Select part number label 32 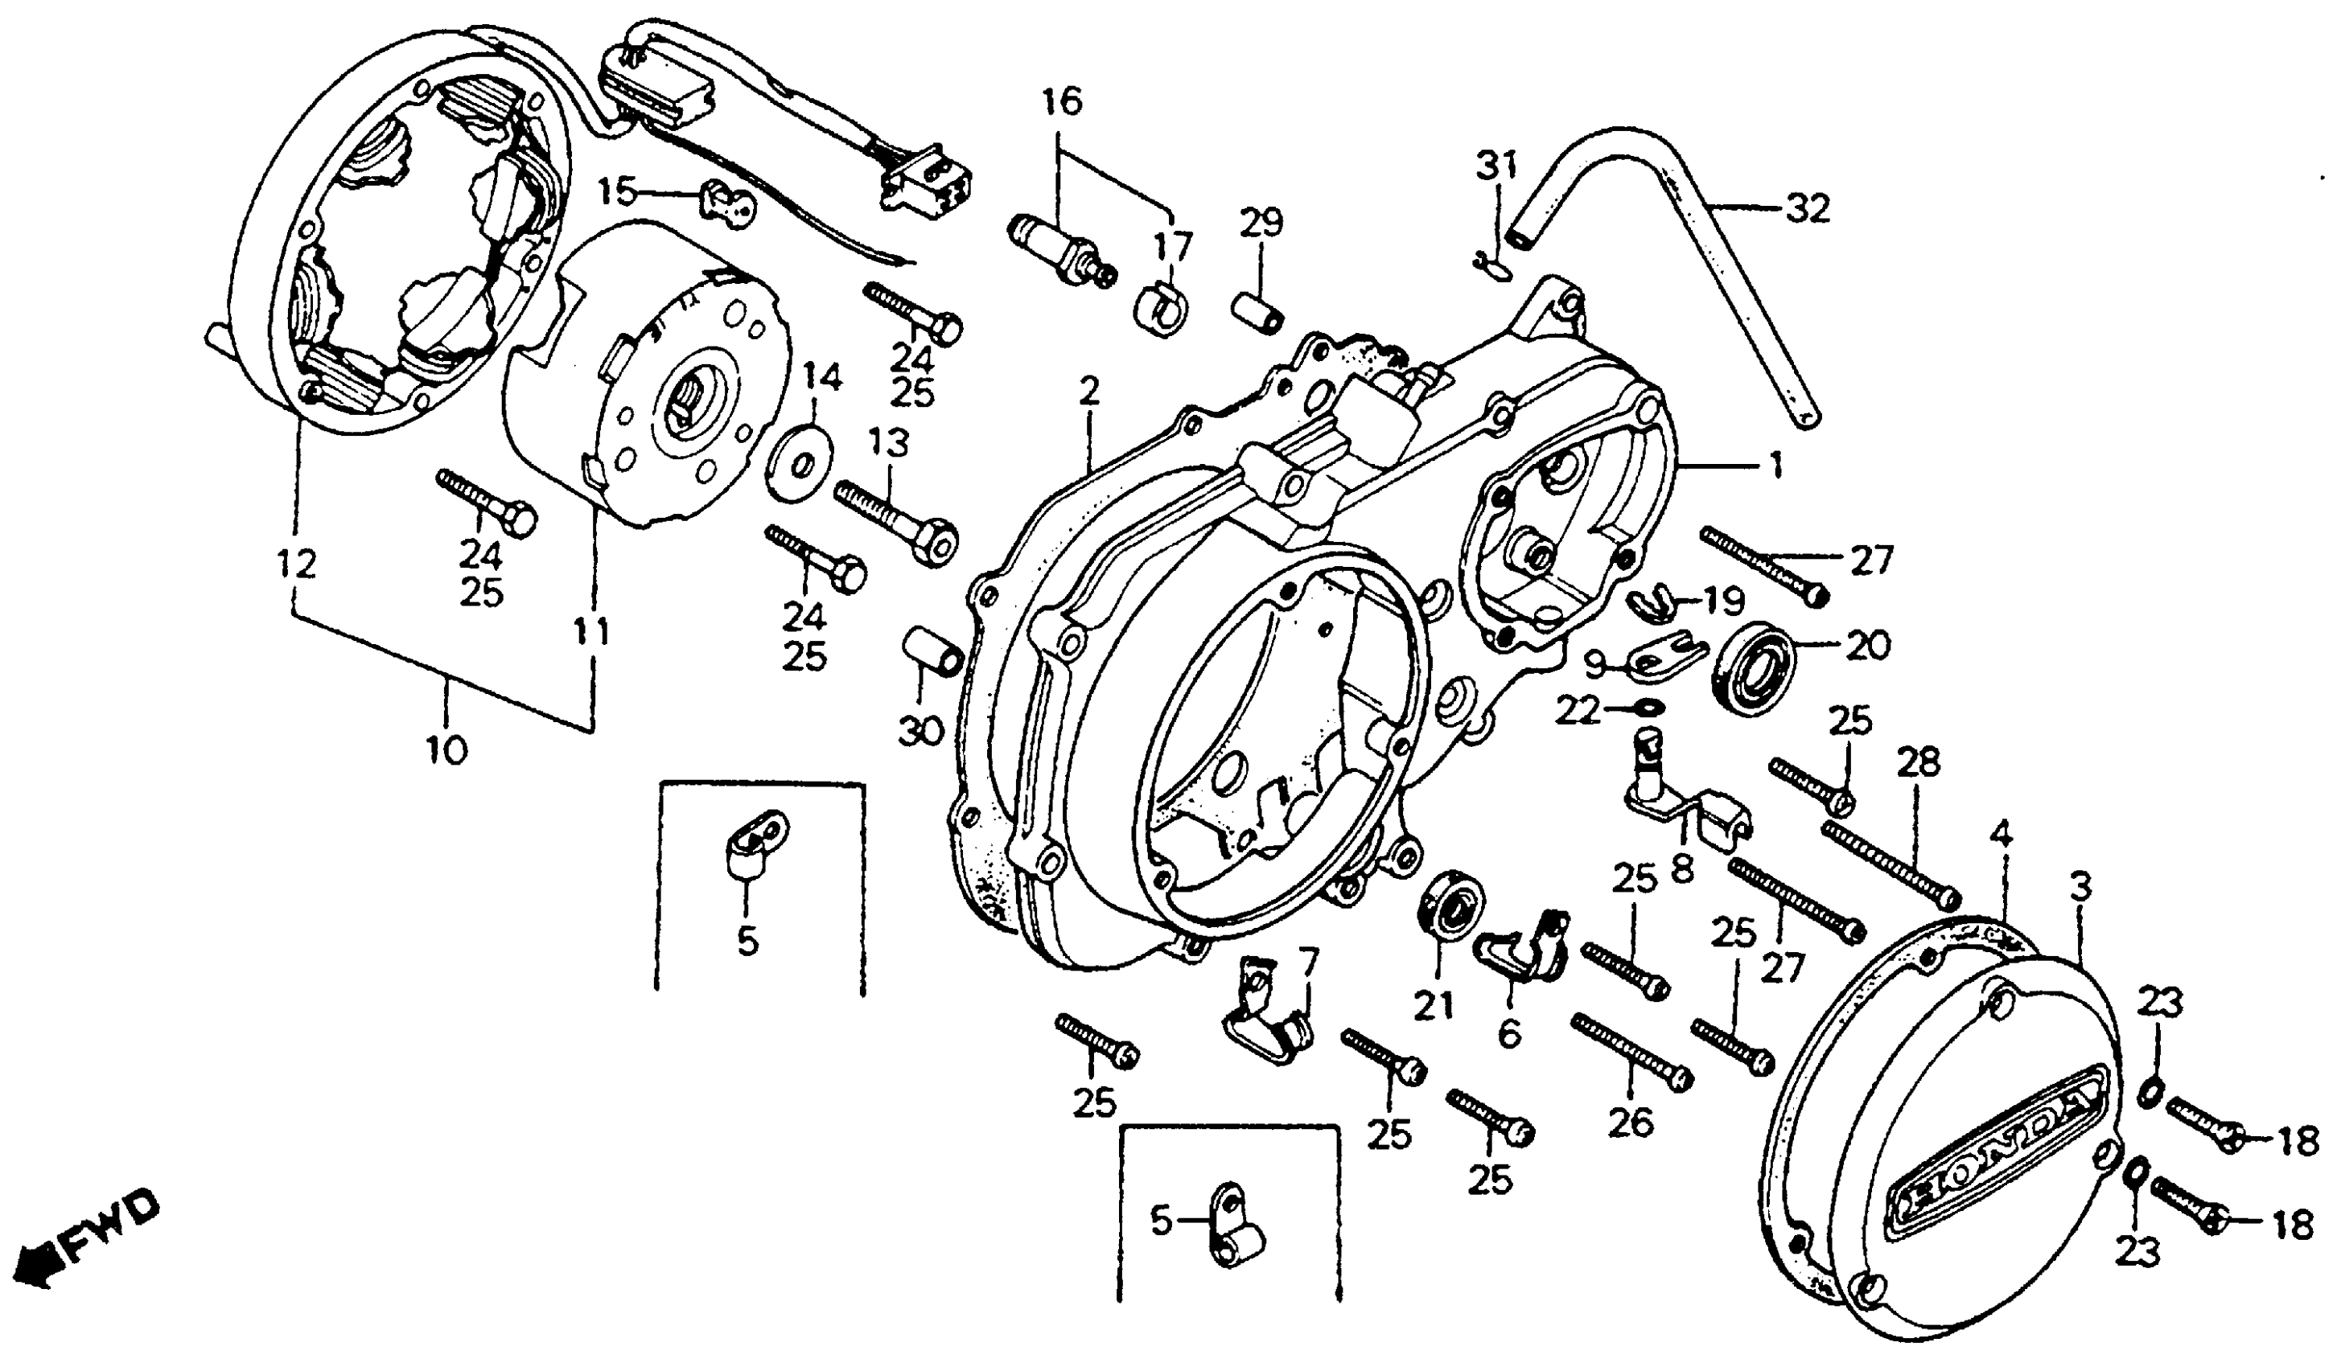pyautogui.click(x=1806, y=208)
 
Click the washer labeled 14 pyautogui.click(x=800, y=462)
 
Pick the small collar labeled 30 pyautogui.click(x=930, y=653)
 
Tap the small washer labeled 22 pyautogui.click(x=1646, y=710)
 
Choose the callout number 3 pyautogui.click(x=2080, y=889)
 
